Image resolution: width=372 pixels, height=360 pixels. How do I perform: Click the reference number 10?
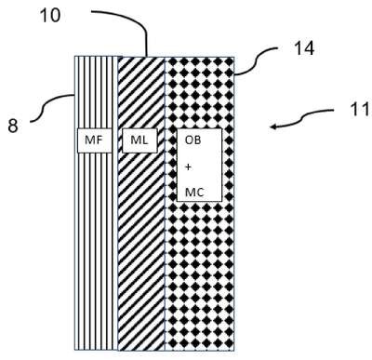(50, 16)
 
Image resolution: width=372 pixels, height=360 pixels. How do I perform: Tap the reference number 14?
(304, 48)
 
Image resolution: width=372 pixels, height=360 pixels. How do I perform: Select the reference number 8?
(13, 127)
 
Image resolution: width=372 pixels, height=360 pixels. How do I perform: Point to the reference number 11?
(360, 110)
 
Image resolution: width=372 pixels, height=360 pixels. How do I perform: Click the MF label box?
(94, 140)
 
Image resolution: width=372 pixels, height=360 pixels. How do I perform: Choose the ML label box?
(139, 140)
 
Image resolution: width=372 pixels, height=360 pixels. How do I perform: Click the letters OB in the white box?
(193, 140)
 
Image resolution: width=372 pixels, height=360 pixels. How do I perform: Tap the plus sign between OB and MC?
(188, 167)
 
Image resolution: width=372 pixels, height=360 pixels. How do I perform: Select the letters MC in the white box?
(194, 193)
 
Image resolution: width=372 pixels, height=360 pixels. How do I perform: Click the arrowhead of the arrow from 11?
(273, 127)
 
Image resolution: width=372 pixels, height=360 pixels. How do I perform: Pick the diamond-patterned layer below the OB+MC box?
(199, 276)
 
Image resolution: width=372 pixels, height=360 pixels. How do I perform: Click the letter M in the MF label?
(89, 140)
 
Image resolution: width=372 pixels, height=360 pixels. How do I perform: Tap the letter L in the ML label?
(145, 140)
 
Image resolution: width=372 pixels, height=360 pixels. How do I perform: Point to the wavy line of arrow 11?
(302, 118)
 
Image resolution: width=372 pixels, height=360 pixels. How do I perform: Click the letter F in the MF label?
(99, 140)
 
